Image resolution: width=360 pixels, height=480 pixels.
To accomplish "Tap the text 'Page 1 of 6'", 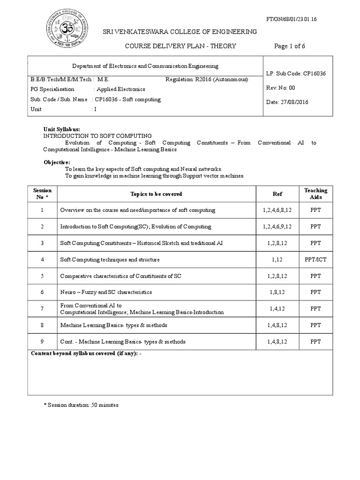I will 289,46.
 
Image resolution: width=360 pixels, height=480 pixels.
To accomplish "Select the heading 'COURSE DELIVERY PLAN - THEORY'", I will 180,46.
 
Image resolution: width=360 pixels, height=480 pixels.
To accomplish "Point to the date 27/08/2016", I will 287,102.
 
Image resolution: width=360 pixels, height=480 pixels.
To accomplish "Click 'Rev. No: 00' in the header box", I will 281,88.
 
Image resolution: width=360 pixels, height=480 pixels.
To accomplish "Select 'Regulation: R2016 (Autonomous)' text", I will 207,80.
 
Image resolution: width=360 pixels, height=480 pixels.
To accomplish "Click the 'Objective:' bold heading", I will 57,162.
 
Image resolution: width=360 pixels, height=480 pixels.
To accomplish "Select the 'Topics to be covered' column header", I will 156,194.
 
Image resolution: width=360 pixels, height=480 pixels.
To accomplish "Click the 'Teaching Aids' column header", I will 315,194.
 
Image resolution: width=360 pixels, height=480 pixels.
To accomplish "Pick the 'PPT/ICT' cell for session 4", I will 315,259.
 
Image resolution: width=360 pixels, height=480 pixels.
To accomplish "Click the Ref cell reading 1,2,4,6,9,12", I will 277,226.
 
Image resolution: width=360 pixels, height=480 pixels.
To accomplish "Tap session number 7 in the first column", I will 42,308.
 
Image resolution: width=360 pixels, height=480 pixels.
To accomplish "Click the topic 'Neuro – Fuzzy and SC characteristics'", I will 106,292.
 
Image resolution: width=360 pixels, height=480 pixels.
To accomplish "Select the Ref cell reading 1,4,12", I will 277,308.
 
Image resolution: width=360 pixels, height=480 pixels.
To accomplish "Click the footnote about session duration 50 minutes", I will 81,405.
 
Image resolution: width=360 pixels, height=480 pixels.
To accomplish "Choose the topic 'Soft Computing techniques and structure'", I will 110,259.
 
